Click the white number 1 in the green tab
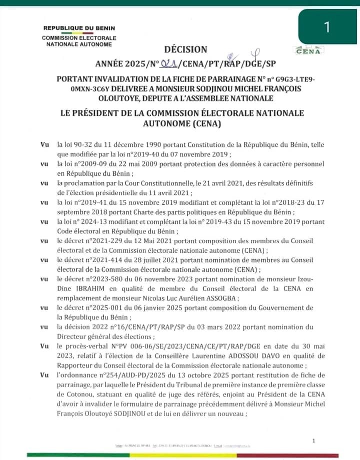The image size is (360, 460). [x=327, y=27]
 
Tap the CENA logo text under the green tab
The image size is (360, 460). [x=308, y=50]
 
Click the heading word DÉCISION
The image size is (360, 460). [x=185, y=49]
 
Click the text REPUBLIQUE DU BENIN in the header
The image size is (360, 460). [x=79, y=28]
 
